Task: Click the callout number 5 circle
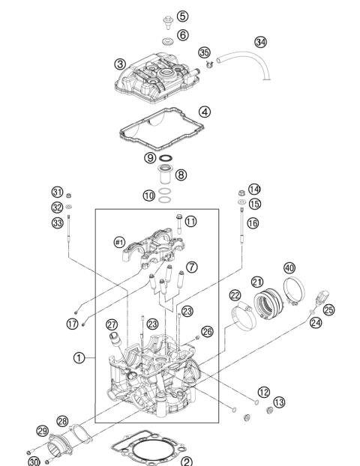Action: pos(183,16)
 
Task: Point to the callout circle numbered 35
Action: pos(204,52)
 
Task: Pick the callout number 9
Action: pos(151,158)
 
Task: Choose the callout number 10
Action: pos(150,196)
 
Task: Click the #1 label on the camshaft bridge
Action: pos(118,242)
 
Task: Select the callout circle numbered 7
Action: pos(192,267)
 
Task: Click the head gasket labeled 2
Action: pos(151,450)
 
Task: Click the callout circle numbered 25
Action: pos(328,309)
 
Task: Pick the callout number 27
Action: pos(112,324)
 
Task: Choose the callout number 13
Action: pos(279,402)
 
